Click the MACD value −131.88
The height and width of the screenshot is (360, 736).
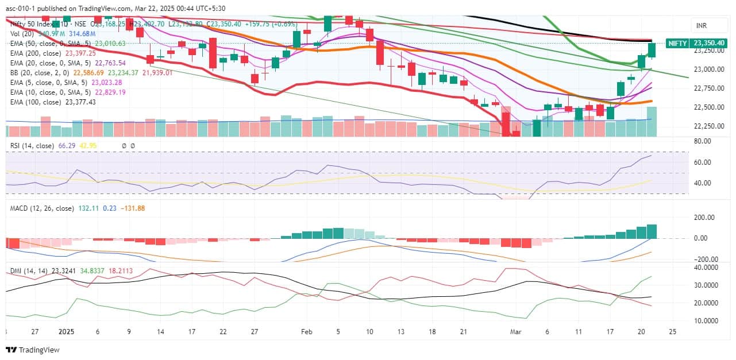tap(133, 208)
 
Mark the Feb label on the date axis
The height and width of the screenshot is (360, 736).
tap(306, 332)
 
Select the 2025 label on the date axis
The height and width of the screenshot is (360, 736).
tap(66, 332)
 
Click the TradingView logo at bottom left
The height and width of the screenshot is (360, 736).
tap(33, 350)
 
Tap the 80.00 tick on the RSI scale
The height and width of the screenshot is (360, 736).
tap(703, 141)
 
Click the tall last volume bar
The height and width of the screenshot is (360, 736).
tap(652, 121)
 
